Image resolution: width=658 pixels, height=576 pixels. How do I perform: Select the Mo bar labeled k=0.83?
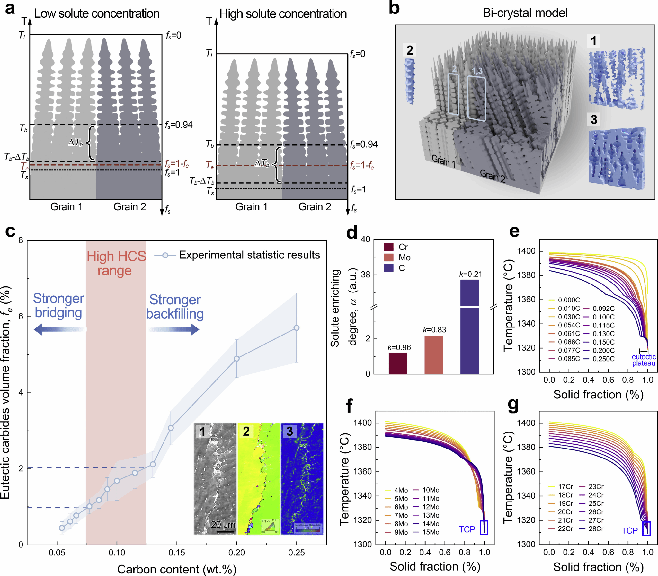433,354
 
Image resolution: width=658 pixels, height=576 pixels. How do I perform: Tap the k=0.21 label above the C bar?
470,274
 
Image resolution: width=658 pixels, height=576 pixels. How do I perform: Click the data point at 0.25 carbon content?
297,328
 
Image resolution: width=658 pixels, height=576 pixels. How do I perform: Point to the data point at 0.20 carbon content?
237,358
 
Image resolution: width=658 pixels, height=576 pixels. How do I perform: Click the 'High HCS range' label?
116,263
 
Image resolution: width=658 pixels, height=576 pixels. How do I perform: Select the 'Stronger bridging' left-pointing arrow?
60,329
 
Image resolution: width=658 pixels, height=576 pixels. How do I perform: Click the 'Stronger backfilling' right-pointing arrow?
174,329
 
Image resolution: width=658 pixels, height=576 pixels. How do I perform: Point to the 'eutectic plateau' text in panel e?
643,360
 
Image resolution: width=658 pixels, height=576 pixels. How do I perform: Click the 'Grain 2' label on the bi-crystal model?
492,176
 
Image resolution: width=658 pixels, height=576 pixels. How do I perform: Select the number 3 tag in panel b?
594,119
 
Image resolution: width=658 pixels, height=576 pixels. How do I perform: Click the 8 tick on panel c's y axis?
21,240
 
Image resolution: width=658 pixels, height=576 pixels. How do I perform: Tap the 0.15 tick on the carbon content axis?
177,553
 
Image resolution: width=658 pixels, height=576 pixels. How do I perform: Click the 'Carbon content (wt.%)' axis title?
177,569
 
